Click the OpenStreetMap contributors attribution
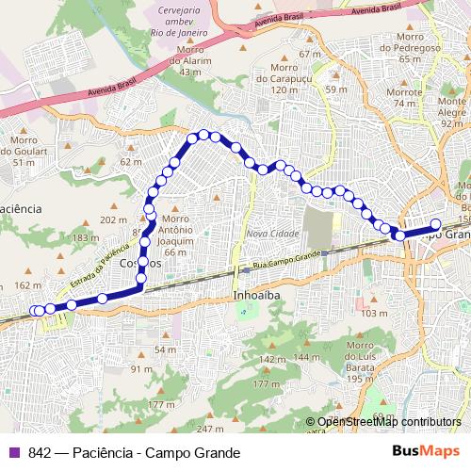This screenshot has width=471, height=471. pos(389,422)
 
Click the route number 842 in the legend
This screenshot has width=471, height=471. pos(40,453)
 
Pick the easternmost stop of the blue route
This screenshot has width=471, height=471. pos(436,224)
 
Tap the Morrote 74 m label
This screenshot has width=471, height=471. pos(404,98)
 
